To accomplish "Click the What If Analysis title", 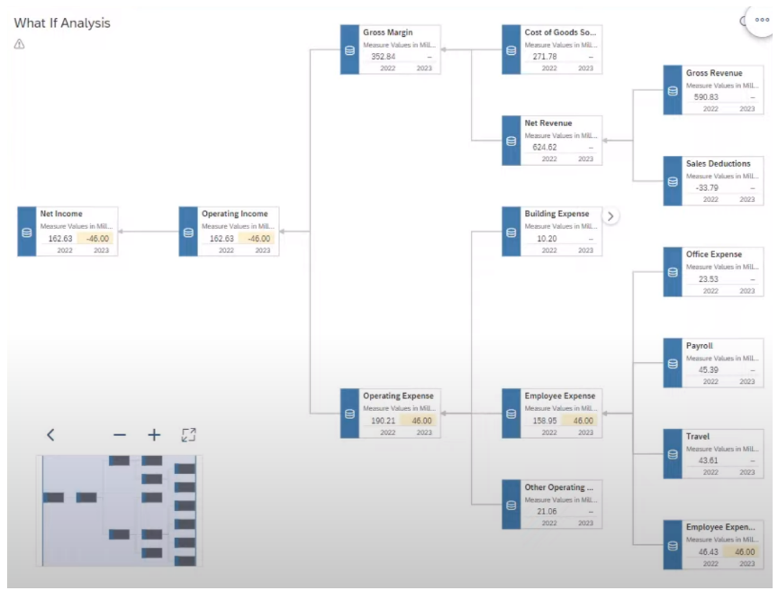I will (x=62, y=23).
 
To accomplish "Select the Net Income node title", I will (x=61, y=214).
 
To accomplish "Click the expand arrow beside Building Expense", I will (x=611, y=216).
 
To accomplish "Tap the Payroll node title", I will (x=699, y=346).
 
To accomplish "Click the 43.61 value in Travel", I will (x=708, y=460).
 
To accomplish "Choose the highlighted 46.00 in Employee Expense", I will (x=583, y=421).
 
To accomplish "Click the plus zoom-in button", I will (x=154, y=435).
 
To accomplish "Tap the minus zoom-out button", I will (x=120, y=435).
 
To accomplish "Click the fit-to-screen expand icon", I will (x=188, y=435).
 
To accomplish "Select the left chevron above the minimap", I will (x=50, y=435).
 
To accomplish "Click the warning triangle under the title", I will (x=20, y=43).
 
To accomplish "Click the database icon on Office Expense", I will (x=673, y=272).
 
